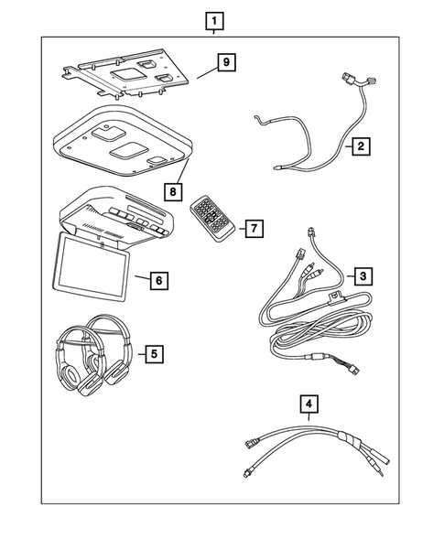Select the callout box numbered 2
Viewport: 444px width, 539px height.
pos(363,145)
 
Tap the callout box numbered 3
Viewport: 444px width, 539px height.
pos(363,275)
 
